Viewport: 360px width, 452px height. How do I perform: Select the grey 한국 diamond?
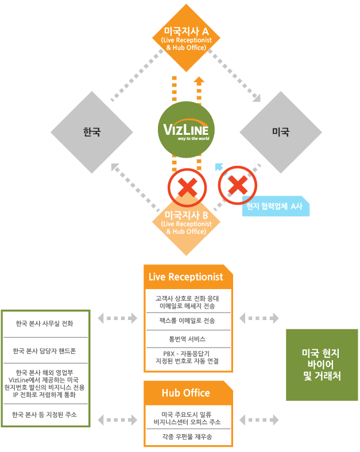pos(92,132)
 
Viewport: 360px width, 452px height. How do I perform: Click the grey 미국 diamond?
pos(281,132)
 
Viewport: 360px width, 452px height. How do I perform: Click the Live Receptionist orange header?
pos(185,276)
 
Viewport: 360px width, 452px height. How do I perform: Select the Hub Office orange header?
pos(185,393)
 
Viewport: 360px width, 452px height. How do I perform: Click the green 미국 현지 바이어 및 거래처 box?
pos(322,365)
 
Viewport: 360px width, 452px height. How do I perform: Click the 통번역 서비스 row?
pos(188,338)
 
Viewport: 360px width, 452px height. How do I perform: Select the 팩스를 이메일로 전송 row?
pos(188,321)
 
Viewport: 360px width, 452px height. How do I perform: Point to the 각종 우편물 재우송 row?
pos(188,437)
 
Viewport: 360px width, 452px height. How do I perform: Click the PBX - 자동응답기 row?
pos(188,357)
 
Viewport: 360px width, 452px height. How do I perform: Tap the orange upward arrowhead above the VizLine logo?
pos(199,80)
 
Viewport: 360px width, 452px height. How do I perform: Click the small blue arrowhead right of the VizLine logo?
pos(218,167)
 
